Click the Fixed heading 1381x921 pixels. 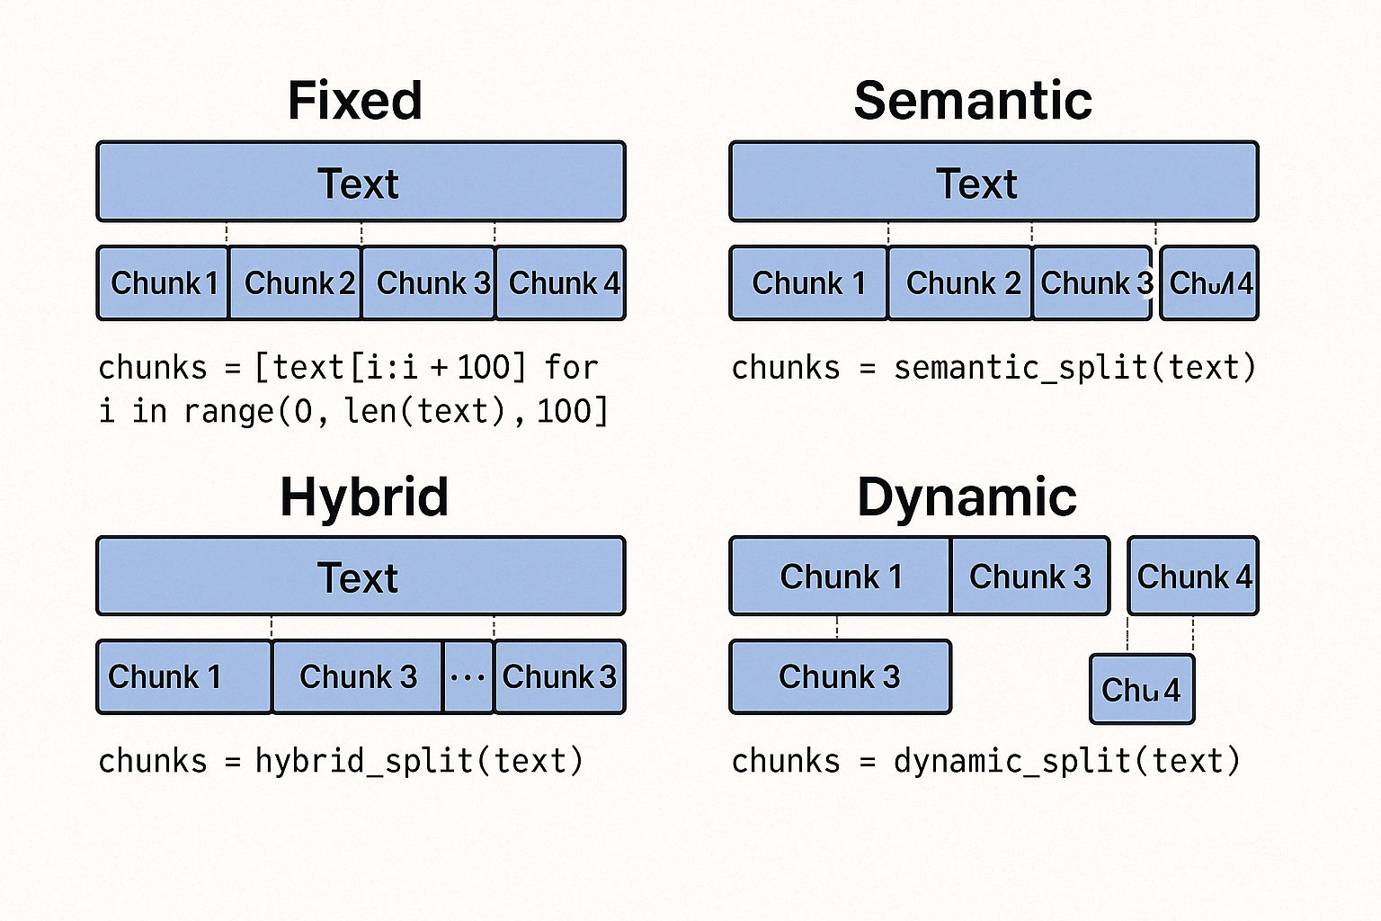355,100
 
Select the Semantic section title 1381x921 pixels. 973,100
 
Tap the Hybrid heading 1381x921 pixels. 364,496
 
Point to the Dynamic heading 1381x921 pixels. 967,496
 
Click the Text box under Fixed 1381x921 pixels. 361,182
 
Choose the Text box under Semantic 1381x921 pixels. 993,182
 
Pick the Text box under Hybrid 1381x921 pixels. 361,577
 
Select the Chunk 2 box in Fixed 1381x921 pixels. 296,283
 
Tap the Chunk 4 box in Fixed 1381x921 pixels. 561,283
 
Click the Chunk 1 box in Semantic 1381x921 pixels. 808,283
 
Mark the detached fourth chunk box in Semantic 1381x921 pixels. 1209,283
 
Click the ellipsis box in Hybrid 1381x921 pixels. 468,677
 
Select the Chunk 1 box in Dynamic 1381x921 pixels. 840,577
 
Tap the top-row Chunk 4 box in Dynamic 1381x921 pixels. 1193,577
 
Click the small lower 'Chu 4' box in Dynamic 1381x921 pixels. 1142,690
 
